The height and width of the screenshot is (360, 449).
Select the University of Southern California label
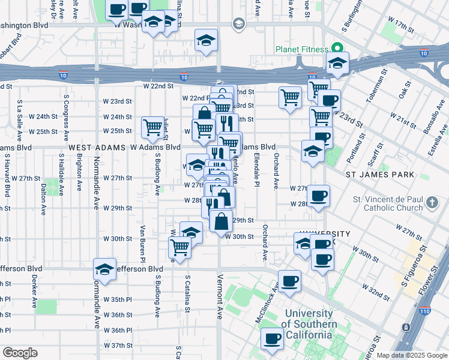click(309, 324)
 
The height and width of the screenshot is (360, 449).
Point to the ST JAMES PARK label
click(380, 175)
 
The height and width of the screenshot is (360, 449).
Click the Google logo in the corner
click(20, 353)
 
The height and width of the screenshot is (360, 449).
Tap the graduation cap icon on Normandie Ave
click(104, 269)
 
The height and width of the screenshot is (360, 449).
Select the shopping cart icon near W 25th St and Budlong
click(153, 127)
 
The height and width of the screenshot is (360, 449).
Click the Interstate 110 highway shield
click(407, 327)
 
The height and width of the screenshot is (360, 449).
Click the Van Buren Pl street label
click(143, 244)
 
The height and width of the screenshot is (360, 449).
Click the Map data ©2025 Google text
click(412, 355)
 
